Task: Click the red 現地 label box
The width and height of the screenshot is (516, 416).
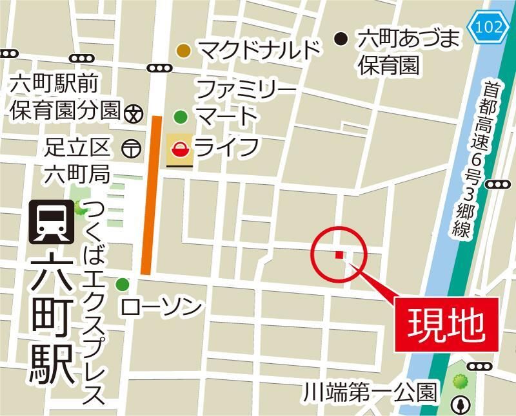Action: (445, 324)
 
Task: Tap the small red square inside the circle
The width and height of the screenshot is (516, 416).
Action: (339, 256)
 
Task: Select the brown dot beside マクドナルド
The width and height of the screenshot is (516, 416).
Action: (184, 50)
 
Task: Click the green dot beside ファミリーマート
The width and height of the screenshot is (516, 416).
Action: (181, 117)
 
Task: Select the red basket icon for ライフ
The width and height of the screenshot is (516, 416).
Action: (180, 150)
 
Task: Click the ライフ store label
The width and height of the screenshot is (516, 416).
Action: (226, 147)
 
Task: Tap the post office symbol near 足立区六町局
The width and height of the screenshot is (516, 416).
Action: (130, 148)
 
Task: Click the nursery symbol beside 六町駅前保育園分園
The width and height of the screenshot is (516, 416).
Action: (134, 113)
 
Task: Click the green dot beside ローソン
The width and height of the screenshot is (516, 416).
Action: (123, 284)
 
